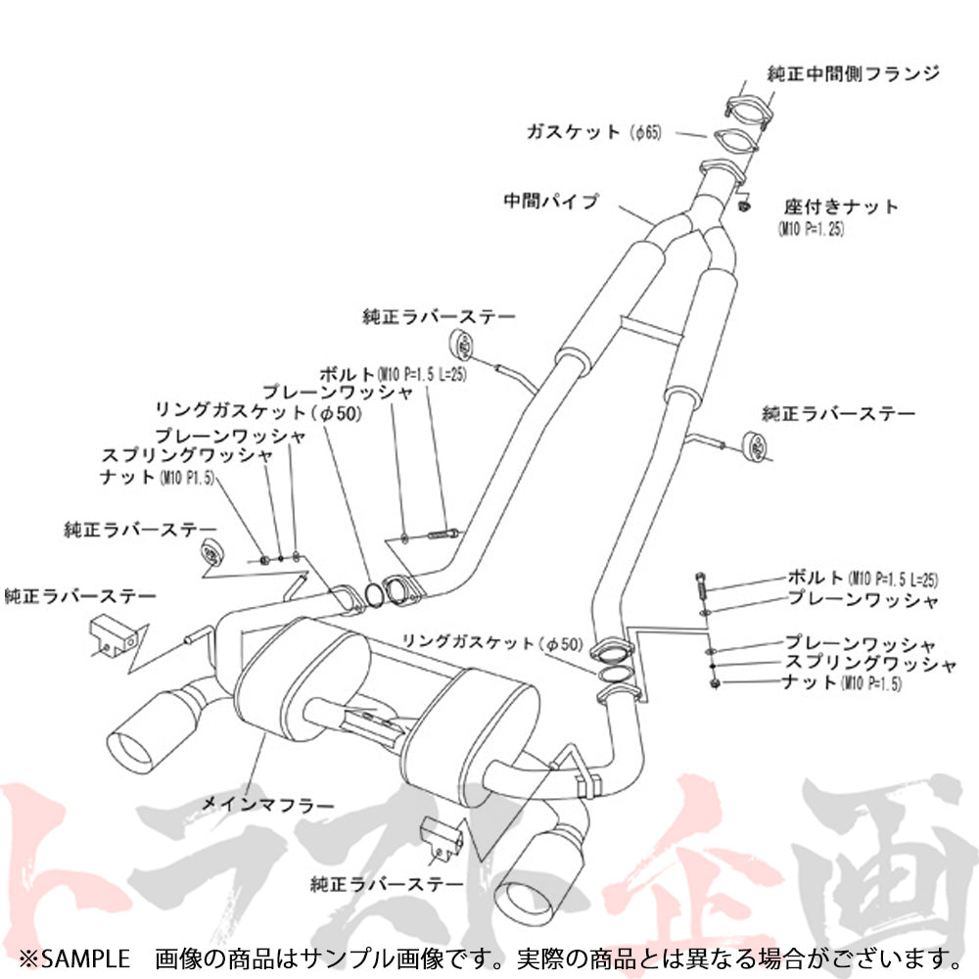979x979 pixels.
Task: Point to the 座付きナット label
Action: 840,208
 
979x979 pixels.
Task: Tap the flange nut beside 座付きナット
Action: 745,206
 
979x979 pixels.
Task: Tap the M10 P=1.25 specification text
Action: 811,230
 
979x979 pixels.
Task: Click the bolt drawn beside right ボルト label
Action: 702,586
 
